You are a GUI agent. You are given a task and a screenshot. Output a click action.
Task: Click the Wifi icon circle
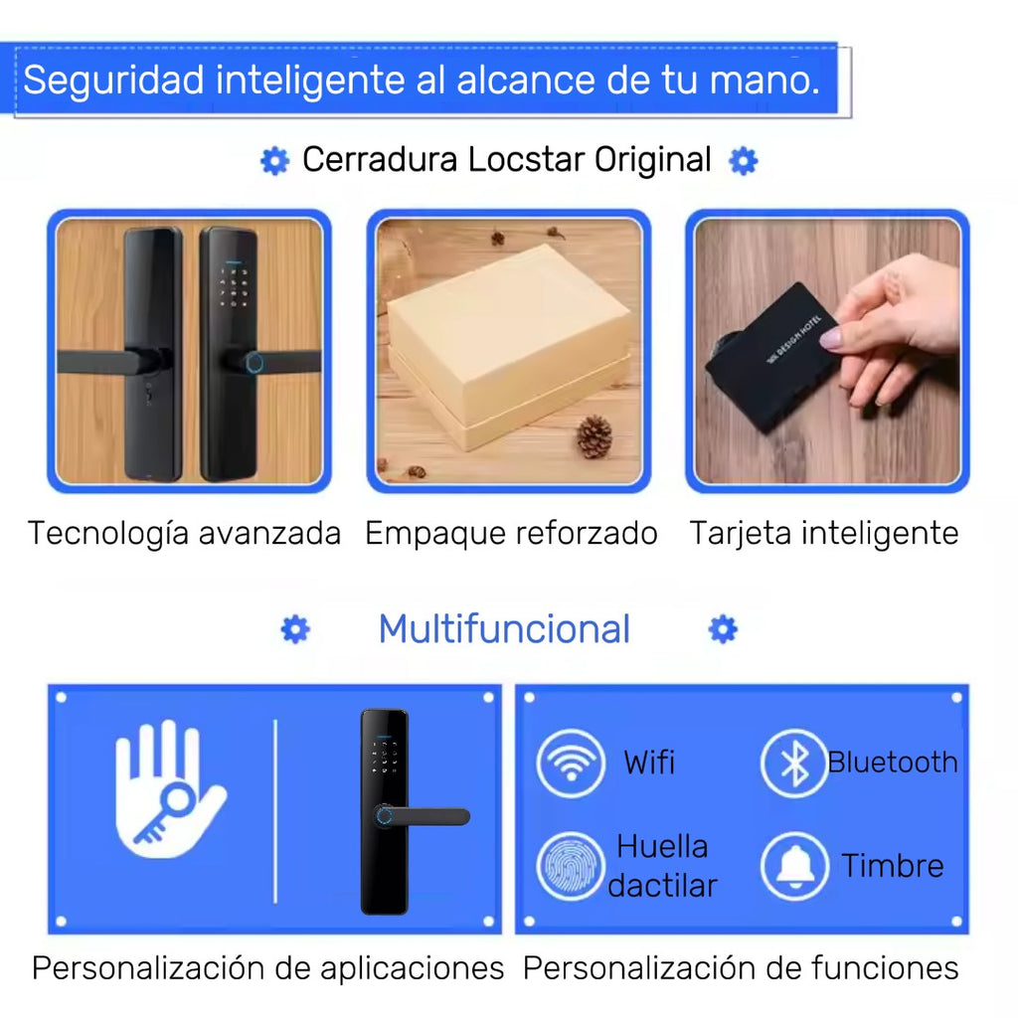[x=571, y=763]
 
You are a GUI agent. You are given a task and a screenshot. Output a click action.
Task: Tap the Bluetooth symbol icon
[x=793, y=763]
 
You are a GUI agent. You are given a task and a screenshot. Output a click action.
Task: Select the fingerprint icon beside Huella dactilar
[x=571, y=866]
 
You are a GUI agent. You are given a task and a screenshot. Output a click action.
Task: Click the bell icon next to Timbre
[x=794, y=866]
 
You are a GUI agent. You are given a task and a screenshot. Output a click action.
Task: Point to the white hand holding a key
[x=169, y=790]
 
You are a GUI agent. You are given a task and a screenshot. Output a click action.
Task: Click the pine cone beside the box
[x=594, y=436]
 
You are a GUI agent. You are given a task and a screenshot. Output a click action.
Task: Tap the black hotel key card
[x=773, y=356]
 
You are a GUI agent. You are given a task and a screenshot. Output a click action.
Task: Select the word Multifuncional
[x=504, y=629]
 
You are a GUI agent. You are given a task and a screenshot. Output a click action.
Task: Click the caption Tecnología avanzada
[x=184, y=533]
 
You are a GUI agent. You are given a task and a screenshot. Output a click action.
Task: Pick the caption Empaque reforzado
[x=511, y=533]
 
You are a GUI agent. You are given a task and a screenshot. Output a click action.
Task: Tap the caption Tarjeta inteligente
[x=824, y=533]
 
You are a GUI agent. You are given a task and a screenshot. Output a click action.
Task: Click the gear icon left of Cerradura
[x=274, y=160]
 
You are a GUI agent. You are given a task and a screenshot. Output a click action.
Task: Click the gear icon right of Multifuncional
[x=723, y=629]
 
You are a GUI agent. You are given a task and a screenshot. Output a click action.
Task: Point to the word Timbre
[x=892, y=866]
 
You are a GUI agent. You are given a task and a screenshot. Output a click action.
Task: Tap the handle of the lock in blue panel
[x=427, y=817]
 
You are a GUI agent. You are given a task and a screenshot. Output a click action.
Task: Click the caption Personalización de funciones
[x=741, y=968]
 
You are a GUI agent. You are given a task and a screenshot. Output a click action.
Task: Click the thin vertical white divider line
[x=275, y=810]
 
